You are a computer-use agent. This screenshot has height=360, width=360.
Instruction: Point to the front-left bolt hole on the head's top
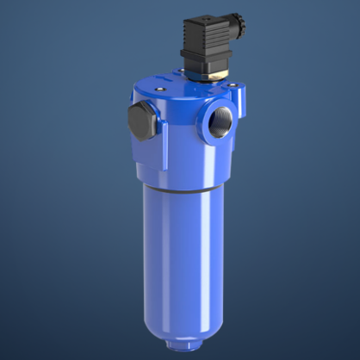pos(160,90)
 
